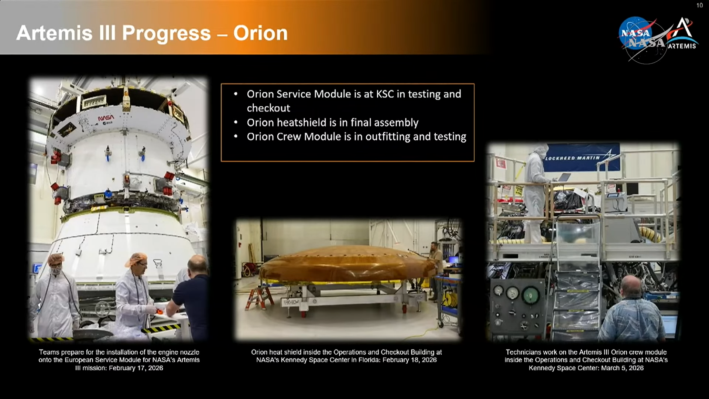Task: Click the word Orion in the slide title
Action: pos(260,33)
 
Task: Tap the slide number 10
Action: pos(699,5)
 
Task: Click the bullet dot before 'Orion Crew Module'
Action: pos(236,137)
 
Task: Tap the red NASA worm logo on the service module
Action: pos(106,117)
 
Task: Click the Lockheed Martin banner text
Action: pos(572,158)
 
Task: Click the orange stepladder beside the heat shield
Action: pos(259,297)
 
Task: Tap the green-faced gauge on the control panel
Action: pos(530,295)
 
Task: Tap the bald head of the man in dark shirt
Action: pos(198,265)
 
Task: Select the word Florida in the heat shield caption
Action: pos(369,360)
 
